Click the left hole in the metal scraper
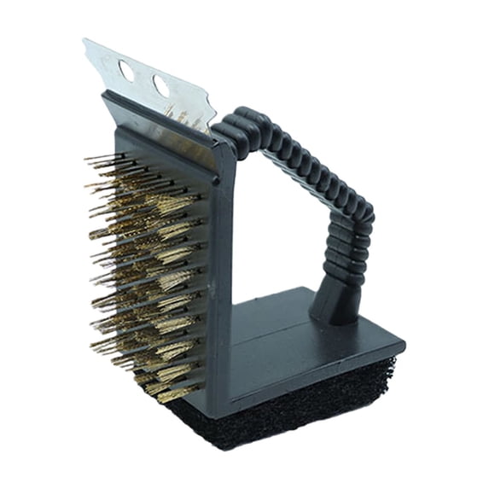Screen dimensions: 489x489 [x=126, y=70]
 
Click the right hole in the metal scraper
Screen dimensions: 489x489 [x=160, y=85]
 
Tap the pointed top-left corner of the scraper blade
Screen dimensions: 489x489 [x=84, y=40]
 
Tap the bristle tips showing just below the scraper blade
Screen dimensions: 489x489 [x=183, y=115]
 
